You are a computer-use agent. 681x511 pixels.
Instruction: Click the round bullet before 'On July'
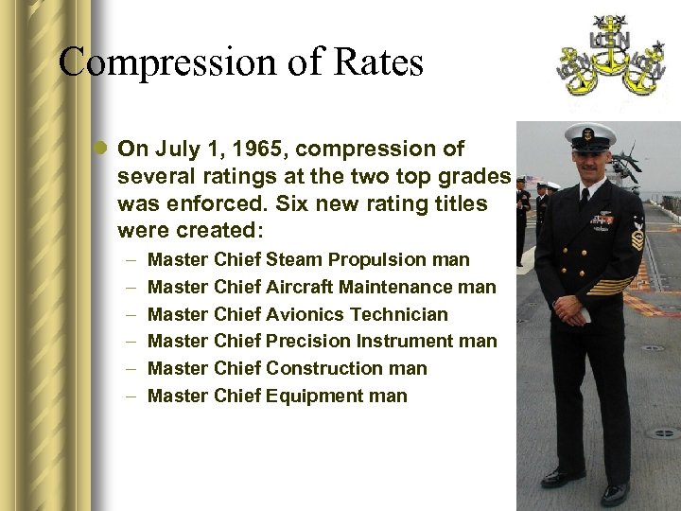coord(101,150)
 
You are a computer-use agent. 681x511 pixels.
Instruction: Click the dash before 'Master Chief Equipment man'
coord(127,396)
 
